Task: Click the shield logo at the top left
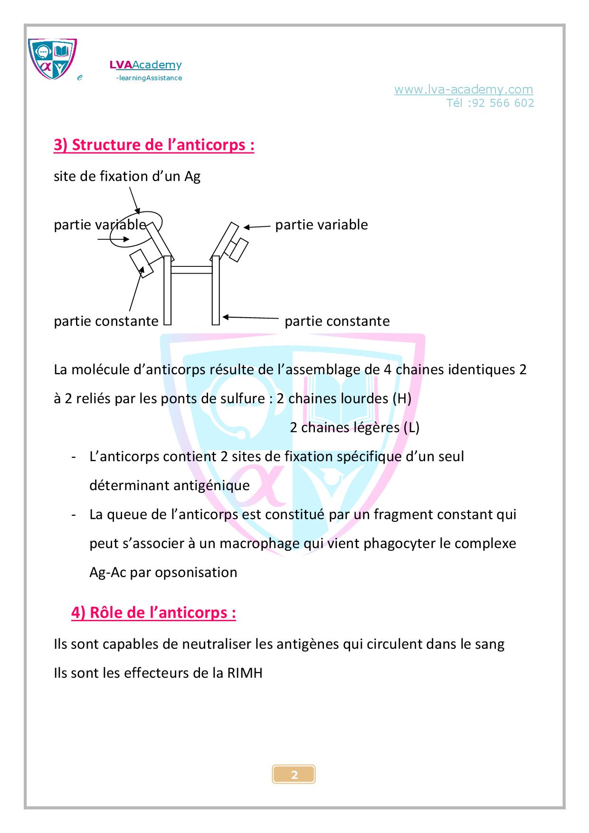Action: click(52, 59)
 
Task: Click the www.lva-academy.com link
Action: click(463, 89)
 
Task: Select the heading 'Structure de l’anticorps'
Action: click(154, 145)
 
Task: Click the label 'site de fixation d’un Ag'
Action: click(127, 177)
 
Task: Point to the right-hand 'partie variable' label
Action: click(322, 225)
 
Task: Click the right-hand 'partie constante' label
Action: click(337, 322)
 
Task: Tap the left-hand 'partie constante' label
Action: click(106, 322)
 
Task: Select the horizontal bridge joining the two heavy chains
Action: click(191, 270)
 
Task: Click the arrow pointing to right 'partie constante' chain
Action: click(250, 317)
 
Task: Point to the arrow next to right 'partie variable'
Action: click(257, 227)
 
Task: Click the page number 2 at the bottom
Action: click(294, 775)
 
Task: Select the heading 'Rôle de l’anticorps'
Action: click(153, 613)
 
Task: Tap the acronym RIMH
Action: click(245, 673)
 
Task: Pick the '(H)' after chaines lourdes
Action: click(402, 398)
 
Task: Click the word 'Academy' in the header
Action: click(157, 65)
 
